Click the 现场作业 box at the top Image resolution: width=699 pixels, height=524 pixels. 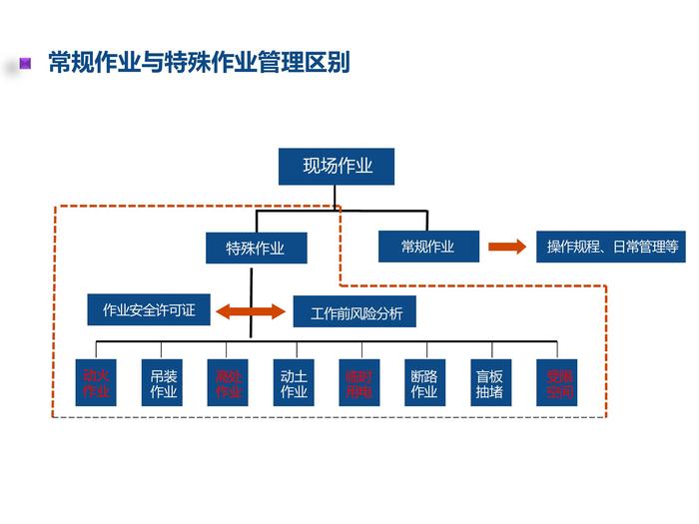click(337, 167)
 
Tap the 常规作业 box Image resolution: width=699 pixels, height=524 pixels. click(427, 247)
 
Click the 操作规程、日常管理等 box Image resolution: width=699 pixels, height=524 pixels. click(611, 247)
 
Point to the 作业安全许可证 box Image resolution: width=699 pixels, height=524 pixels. click(149, 310)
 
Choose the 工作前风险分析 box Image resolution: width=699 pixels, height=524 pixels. click(355, 313)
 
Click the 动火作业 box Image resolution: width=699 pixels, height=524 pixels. click(96, 383)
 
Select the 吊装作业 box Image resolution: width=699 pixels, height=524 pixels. click(163, 383)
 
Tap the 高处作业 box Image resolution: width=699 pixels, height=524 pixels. click(229, 383)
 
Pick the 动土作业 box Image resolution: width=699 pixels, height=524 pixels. click(294, 383)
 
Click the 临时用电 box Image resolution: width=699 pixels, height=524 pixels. click(358, 383)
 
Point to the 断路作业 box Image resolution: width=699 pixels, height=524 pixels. click(424, 383)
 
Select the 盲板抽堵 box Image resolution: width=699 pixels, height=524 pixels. click(489, 383)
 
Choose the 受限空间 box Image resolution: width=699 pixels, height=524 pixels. click(557, 383)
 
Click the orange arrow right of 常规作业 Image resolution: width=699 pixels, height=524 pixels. click(506, 247)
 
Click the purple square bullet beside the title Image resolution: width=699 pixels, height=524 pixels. click(27, 64)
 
